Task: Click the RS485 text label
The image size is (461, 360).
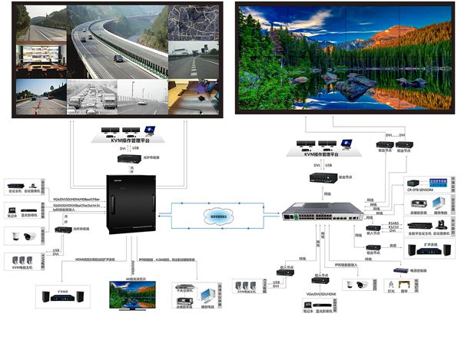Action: [x=394, y=222]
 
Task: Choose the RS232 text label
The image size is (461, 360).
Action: [x=394, y=228]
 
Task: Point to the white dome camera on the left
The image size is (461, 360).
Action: [x=18, y=236]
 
